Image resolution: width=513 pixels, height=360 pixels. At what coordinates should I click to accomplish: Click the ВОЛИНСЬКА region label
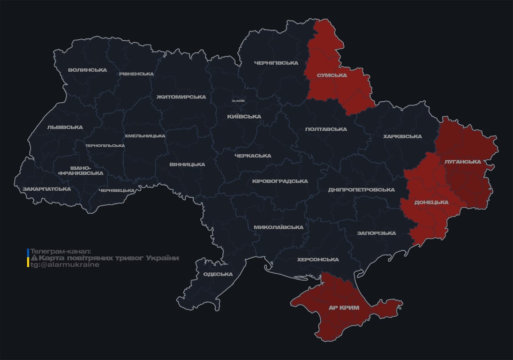point(87,70)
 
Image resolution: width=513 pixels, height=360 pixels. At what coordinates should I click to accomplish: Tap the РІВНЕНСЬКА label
point(136,74)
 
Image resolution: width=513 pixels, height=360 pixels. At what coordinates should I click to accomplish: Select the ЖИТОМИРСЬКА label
point(181,97)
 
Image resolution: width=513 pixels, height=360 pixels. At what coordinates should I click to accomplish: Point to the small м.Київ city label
point(238,101)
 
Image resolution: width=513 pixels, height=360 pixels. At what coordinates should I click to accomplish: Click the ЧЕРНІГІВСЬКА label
point(276,63)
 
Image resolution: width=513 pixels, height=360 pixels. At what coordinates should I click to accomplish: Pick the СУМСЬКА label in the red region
point(332,75)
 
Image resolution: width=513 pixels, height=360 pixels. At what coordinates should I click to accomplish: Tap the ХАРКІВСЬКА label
point(402,136)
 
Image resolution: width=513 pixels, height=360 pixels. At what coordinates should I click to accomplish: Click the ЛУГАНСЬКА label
point(462,162)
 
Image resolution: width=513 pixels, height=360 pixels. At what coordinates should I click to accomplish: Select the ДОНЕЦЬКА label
point(431,202)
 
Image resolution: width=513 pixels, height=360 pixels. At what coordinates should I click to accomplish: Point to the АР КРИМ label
point(344,307)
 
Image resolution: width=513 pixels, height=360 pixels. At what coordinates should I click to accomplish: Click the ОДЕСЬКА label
point(218,274)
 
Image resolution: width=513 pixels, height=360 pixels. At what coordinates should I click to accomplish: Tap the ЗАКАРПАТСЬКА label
point(46,189)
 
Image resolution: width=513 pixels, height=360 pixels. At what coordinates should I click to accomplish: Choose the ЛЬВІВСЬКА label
point(65,127)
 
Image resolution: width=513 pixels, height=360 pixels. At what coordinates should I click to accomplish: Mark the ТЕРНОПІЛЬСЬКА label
point(105,145)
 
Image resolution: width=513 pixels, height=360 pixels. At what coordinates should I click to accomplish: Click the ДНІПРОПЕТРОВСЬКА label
point(361,190)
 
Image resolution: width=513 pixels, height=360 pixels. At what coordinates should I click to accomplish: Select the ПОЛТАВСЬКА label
point(326,129)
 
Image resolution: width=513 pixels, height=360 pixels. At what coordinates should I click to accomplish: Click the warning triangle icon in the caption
point(34,258)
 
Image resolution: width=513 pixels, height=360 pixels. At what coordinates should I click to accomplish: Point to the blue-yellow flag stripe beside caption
point(28,258)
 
